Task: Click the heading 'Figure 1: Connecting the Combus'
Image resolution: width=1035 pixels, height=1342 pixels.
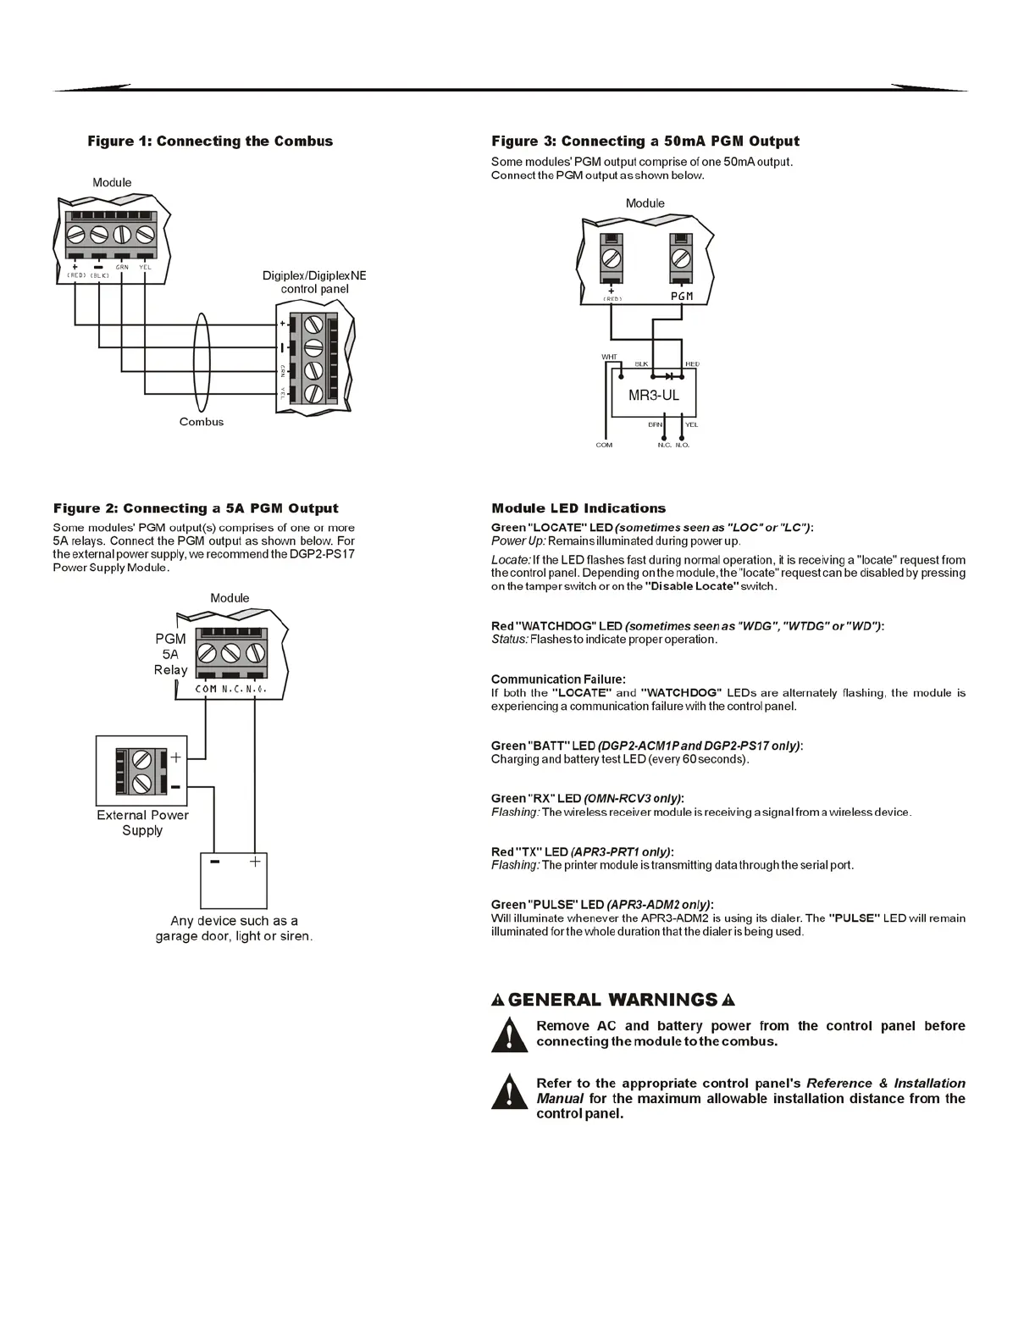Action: click(x=210, y=141)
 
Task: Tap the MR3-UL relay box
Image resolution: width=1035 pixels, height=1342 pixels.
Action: click(x=653, y=395)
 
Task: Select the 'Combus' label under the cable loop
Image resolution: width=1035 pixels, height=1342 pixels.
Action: click(x=202, y=422)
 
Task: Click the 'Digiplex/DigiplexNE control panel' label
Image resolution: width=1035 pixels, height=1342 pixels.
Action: click(x=314, y=282)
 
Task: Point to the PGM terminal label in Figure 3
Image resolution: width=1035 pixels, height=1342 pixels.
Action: click(x=682, y=297)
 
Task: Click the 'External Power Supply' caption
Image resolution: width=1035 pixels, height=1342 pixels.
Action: click(x=142, y=823)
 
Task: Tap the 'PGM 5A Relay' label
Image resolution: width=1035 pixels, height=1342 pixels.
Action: click(x=170, y=654)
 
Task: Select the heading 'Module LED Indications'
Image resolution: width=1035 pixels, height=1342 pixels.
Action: click(x=578, y=508)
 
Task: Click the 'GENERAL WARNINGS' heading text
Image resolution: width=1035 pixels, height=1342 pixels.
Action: click(x=612, y=1000)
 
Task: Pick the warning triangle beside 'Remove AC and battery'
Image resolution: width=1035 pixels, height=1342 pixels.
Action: click(x=509, y=1034)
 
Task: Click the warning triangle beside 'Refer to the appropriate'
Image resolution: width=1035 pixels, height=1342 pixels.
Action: click(x=509, y=1092)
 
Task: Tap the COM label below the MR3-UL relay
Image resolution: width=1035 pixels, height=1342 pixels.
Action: click(x=604, y=445)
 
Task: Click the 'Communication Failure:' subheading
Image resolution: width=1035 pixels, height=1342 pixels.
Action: click(x=558, y=679)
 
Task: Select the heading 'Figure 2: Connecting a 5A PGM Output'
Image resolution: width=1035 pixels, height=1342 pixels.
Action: click(x=196, y=508)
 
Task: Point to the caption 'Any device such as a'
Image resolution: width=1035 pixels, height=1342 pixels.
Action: click(x=234, y=921)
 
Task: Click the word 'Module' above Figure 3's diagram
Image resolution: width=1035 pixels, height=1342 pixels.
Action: click(x=645, y=203)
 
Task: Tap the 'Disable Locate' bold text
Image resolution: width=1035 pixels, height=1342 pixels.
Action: click(x=690, y=586)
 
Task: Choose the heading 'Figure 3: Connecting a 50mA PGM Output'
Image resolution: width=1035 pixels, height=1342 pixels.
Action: click(x=645, y=141)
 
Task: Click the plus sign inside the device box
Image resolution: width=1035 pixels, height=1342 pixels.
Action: click(x=254, y=862)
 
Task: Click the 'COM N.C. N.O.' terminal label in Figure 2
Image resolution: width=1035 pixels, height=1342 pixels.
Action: click(x=230, y=690)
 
